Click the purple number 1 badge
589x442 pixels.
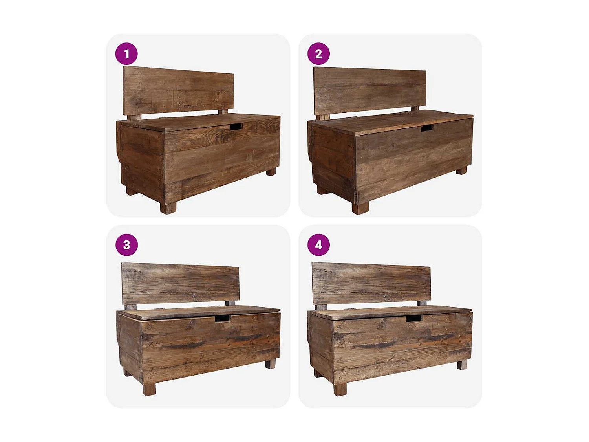pos(126,54)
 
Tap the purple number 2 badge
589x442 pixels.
pos(318,54)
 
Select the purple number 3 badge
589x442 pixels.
pos(126,245)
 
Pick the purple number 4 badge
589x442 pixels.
pos(318,245)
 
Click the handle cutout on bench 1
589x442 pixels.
pos(236,127)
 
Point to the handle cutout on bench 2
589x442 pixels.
pos(426,128)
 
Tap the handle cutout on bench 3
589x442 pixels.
pos(222,318)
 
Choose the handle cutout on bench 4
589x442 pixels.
pos(413,318)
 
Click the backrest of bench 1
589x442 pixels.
pos(178,91)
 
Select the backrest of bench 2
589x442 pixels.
pos(369,91)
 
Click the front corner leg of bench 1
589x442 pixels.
pos(168,207)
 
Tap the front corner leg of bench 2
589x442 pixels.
pos(360,207)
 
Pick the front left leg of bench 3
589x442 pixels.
pos(149,389)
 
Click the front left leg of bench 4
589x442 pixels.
pos(340,389)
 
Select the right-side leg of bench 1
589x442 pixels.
pos(271,172)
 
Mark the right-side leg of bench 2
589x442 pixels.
pos(461,171)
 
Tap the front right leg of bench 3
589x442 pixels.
pos(271,364)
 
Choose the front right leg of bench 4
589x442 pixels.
pos(462,365)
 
